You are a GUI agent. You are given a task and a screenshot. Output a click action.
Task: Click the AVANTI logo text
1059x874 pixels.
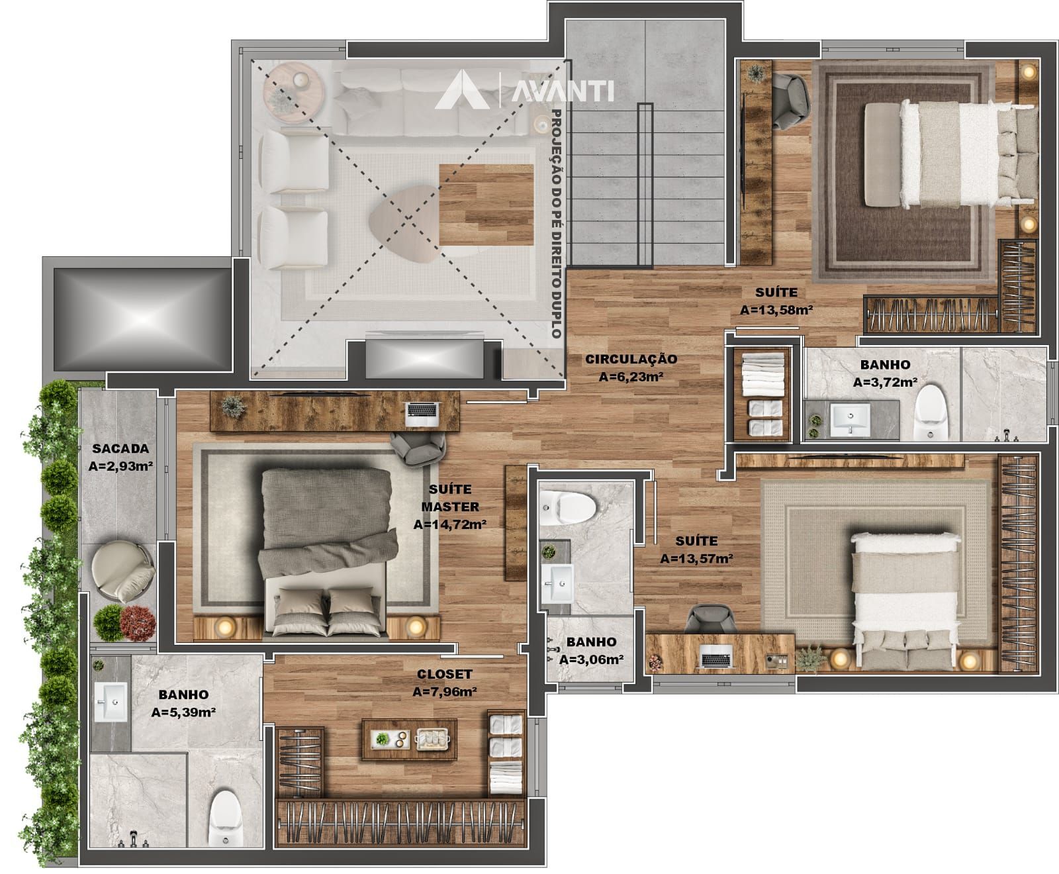click(563, 91)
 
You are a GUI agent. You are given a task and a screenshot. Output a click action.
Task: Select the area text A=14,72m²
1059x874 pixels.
click(450, 525)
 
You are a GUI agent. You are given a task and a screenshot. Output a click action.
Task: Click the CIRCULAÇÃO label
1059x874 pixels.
click(631, 359)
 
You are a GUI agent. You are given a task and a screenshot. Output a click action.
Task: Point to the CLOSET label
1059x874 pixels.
click(444, 675)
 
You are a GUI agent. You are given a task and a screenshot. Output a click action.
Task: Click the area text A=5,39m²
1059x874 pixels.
click(183, 712)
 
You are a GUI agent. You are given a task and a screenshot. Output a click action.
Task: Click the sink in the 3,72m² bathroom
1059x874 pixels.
click(851, 419)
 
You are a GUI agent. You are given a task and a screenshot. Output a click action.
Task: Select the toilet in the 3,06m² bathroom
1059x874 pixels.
click(569, 507)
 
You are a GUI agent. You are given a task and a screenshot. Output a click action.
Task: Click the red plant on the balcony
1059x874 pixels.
click(138, 623)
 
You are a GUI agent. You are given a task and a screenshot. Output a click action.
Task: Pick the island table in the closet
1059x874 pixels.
click(409, 739)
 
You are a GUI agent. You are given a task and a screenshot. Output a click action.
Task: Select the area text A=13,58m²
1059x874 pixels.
click(776, 309)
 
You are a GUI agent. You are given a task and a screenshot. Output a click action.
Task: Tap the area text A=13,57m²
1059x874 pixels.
click(696, 559)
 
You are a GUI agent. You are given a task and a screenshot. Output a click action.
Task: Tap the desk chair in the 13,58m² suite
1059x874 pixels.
click(790, 99)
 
